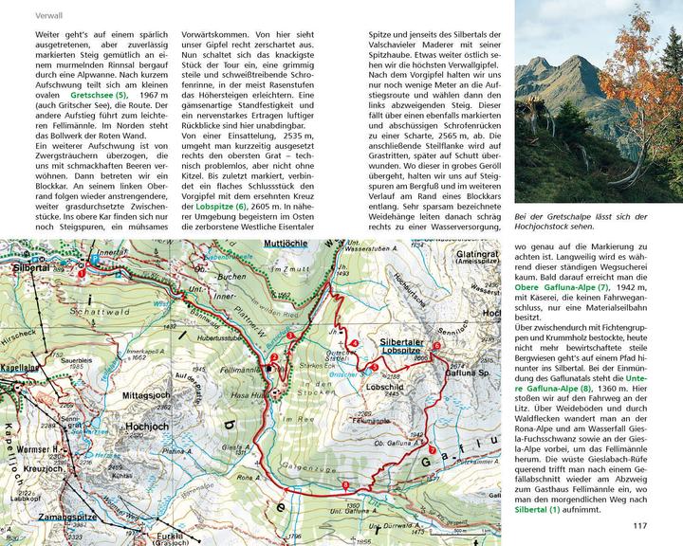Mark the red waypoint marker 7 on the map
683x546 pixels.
pos(432,450)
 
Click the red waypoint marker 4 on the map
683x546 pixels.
pos(354,342)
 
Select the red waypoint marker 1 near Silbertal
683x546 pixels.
pos(83,273)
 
